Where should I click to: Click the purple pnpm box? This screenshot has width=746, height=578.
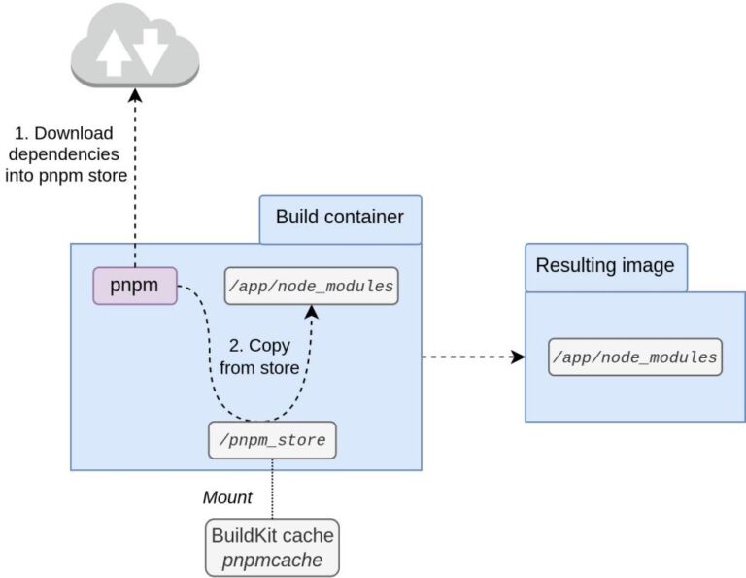click(x=135, y=286)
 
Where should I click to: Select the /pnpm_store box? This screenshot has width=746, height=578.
click(x=273, y=440)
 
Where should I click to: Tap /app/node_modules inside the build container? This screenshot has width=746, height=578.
click(x=311, y=287)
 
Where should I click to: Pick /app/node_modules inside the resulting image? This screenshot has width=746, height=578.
click(x=635, y=357)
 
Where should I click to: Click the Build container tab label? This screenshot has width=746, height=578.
click(x=339, y=217)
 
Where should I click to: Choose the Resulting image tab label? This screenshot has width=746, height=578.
click(x=605, y=266)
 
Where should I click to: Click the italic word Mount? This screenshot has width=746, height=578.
click(x=226, y=498)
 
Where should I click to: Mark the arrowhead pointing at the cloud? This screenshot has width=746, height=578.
click(x=135, y=95)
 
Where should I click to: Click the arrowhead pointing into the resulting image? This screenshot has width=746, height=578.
click(x=518, y=357)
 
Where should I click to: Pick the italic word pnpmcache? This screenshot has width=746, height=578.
click(x=272, y=561)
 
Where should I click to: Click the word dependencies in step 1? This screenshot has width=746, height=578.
click(x=62, y=153)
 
